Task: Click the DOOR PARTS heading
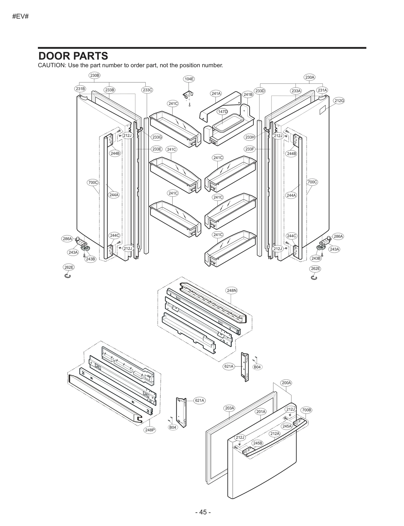73,56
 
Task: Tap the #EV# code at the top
20,17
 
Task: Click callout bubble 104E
189,79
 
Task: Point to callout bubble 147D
222,112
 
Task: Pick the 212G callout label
339,101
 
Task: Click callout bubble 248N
232,291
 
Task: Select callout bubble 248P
149,430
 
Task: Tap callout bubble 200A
286,383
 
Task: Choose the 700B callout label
307,410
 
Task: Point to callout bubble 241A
216,93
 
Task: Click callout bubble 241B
248,94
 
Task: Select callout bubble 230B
95,75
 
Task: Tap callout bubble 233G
157,137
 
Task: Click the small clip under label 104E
188,95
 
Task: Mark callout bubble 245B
258,443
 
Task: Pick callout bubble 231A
322,90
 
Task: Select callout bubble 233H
250,137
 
